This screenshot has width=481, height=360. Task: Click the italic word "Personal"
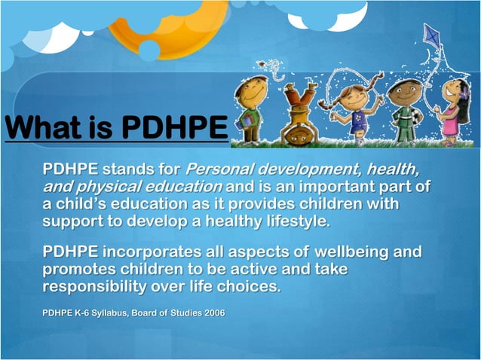pyautogui.click(x=221, y=166)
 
